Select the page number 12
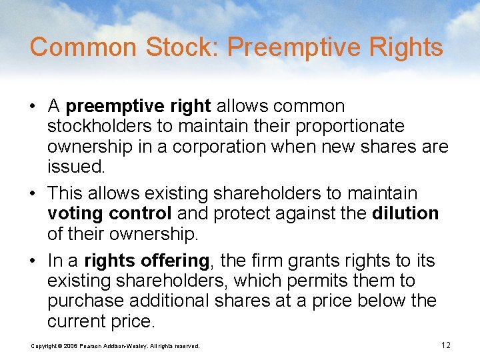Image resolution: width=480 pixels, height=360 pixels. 446,345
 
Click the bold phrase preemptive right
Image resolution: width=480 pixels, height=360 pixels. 139,106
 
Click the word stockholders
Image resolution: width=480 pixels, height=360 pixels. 103,126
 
